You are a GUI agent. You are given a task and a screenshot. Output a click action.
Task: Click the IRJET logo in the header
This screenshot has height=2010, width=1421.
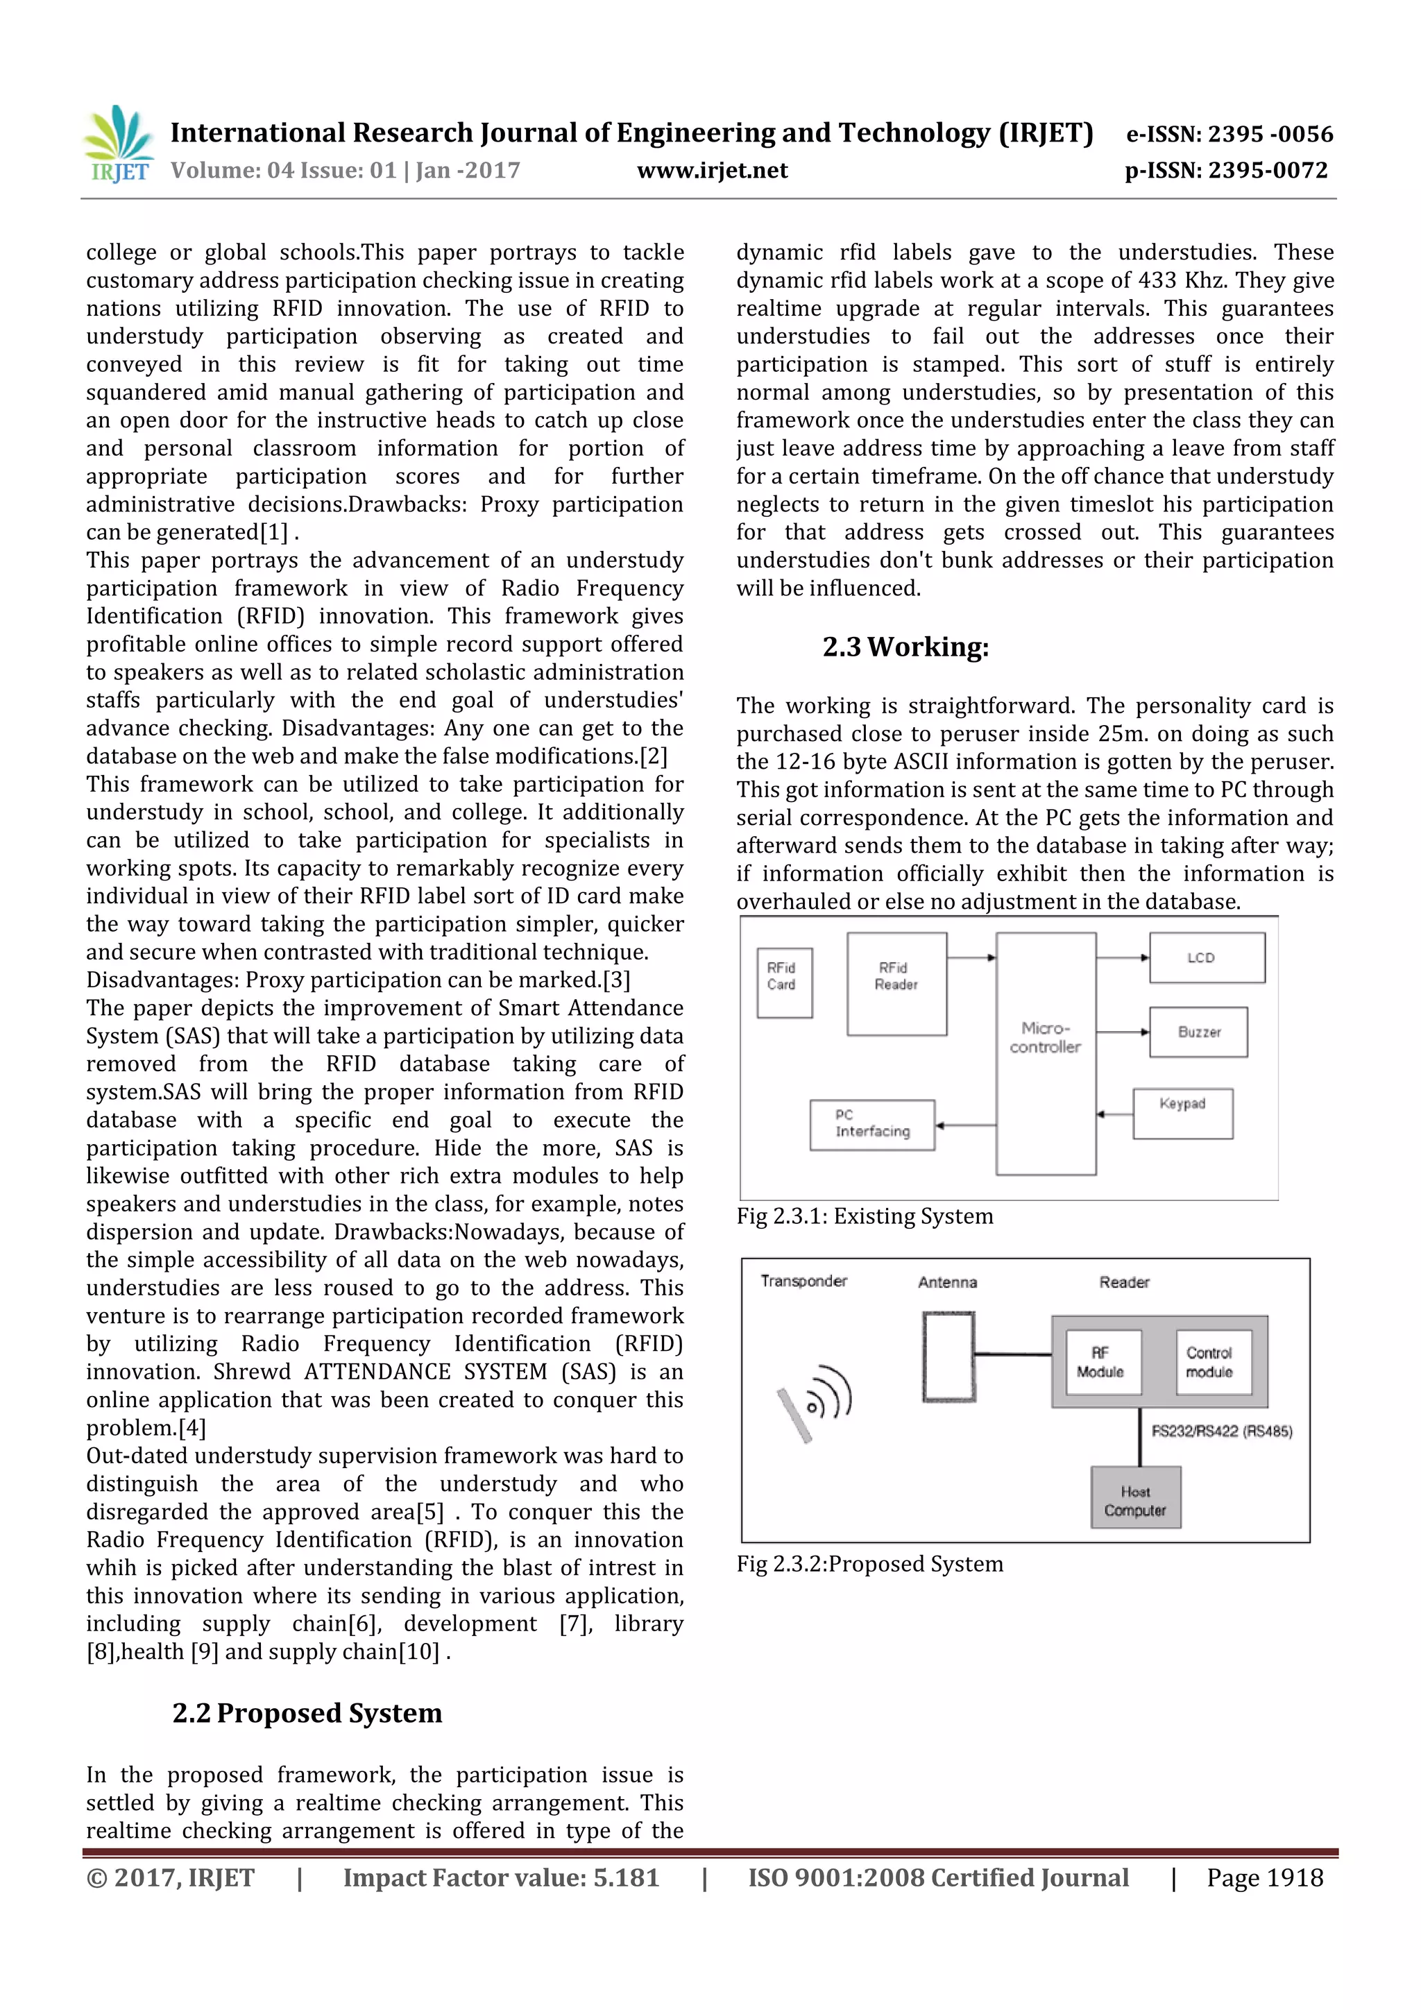118,144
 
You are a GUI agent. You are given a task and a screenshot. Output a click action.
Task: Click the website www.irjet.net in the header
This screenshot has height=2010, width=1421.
712,171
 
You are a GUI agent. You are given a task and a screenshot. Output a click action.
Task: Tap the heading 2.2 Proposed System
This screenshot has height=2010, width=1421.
307,1712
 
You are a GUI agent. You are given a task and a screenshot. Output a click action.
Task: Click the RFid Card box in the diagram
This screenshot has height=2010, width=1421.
783,982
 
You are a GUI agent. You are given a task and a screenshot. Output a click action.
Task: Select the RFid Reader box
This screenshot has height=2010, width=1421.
896,983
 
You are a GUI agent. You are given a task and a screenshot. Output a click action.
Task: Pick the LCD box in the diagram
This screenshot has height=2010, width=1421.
1206,957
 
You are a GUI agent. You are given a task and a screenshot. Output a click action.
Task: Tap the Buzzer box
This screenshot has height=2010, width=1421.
1198,1032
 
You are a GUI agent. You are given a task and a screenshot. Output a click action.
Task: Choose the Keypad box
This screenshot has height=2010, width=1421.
1182,1113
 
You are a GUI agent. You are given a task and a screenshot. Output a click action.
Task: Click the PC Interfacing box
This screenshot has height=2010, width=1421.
872,1124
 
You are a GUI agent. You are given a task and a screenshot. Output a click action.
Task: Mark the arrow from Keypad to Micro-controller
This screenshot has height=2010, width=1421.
1114,1114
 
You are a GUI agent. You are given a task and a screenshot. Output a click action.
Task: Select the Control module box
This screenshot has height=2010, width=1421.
1213,1362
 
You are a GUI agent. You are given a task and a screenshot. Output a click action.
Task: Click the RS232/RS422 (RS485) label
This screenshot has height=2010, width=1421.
1221,1431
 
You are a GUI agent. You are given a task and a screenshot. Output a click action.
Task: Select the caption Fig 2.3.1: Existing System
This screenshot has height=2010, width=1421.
864,1216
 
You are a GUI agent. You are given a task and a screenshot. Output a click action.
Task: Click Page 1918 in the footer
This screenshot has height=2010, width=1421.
1263,1877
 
